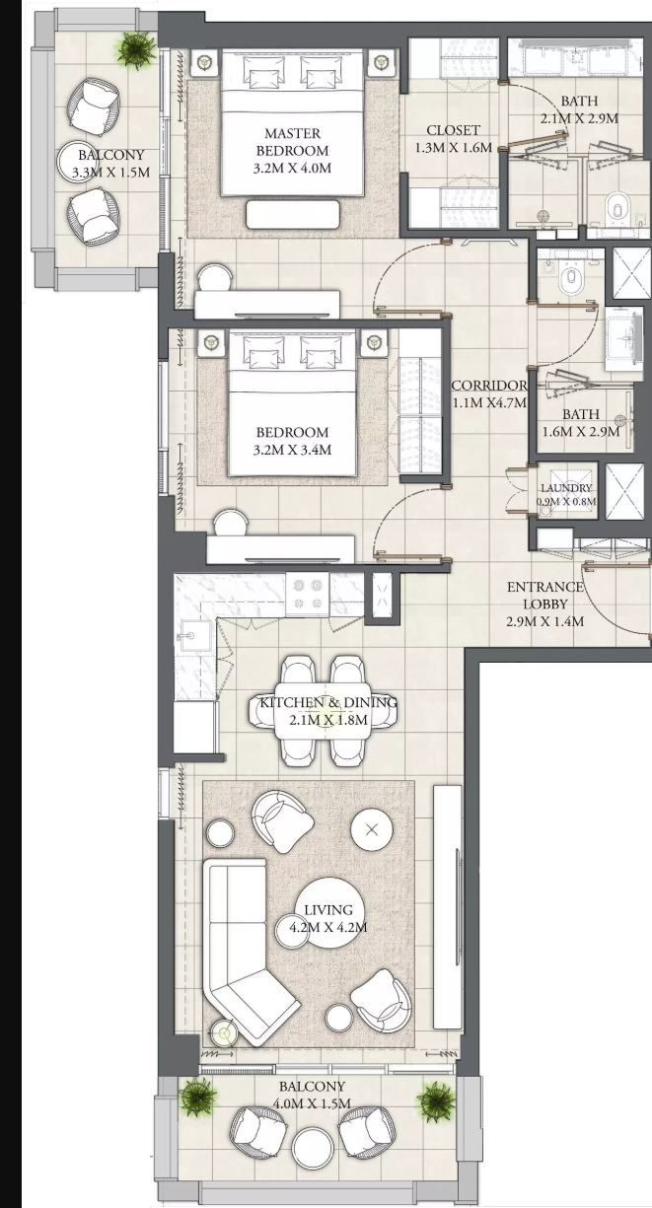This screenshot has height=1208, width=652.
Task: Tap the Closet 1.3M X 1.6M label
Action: pyautogui.click(x=454, y=139)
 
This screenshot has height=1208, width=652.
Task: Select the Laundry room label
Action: pyautogui.click(x=566, y=494)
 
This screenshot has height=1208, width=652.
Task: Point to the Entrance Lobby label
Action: pyautogui.click(x=545, y=604)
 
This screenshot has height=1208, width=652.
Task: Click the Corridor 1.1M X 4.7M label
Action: pyautogui.click(x=489, y=393)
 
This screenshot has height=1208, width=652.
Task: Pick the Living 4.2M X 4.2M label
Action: pyautogui.click(x=328, y=918)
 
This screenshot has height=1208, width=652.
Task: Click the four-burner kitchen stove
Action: pyautogui.click(x=308, y=594)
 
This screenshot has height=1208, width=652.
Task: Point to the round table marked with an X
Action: pyautogui.click(x=372, y=829)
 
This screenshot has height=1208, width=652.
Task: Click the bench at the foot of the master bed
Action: pyautogui.click(x=293, y=214)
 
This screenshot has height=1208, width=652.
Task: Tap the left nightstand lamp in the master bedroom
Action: pyautogui.click(x=204, y=63)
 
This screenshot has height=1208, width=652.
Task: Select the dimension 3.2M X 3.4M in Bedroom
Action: pyautogui.click(x=292, y=450)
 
